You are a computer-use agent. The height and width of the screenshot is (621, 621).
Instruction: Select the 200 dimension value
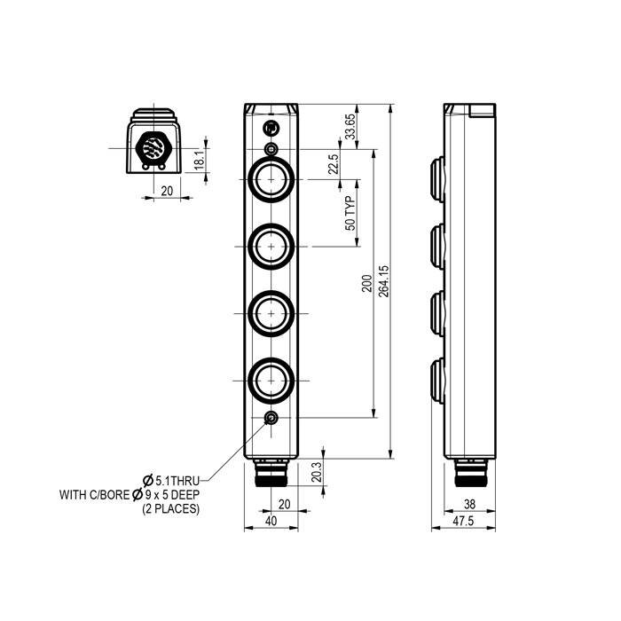[366, 283]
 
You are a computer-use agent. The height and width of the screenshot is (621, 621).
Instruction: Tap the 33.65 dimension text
[350, 126]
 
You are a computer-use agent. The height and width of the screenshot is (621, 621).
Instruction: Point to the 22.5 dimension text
[334, 165]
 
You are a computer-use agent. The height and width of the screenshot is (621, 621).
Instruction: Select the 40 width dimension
[271, 522]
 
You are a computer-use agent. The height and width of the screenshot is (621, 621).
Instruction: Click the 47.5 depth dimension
[463, 522]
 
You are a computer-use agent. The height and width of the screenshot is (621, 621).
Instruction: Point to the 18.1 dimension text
[200, 160]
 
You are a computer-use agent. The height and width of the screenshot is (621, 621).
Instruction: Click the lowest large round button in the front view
[271, 381]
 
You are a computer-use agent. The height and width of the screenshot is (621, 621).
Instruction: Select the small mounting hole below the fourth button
[271, 420]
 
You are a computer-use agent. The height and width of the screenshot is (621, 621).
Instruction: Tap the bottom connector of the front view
[271, 476]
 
